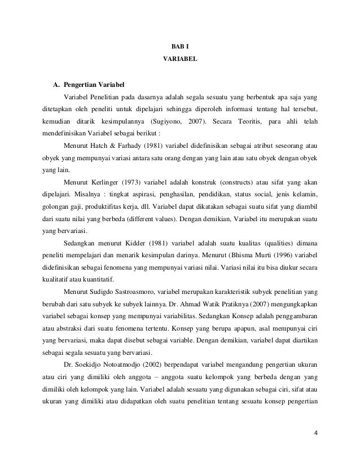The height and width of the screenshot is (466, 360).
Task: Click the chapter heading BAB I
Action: click(180, 46)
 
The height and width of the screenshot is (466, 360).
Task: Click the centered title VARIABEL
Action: click(180, 58)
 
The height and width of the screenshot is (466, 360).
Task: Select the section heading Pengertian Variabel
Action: click(90, 85)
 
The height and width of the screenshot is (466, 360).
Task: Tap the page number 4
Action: click(315, 433)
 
